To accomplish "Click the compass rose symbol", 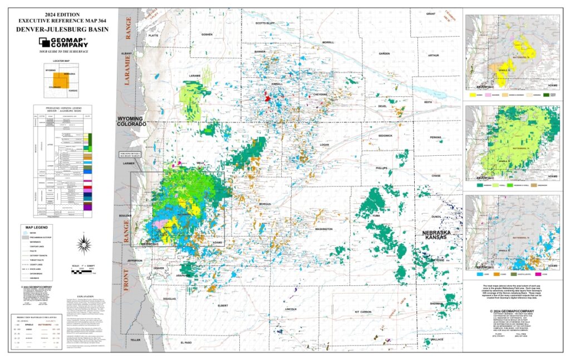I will coord(85,243).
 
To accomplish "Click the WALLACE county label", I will coord(437,339).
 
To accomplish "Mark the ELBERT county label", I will coord(223,305).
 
